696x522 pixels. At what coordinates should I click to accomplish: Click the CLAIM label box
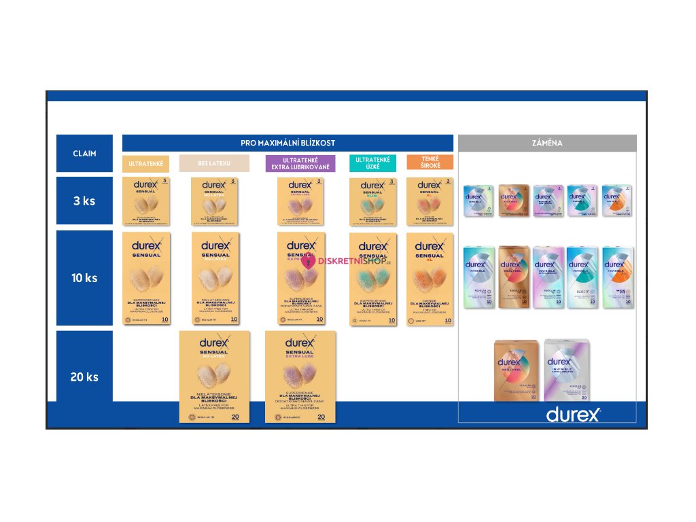pyautogui.click(x=84, y=154)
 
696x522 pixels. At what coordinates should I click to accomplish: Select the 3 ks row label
pyautogui.click(x=84, y=201)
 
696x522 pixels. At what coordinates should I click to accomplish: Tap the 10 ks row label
pyautogui.click(x=84, y=278)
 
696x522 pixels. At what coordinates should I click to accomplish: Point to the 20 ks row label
pyautogui.click(x=84, y=377)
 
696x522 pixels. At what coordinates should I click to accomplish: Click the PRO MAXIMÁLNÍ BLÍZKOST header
pyautogui.click(x=288, y=143)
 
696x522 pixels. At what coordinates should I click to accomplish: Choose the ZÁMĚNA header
pyautogui.click(x=546, y=143)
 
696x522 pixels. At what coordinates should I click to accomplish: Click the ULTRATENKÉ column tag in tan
pyautogui.click(x=145, y=164)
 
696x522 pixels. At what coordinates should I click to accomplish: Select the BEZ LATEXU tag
pyautogui.click(x=214, y=164)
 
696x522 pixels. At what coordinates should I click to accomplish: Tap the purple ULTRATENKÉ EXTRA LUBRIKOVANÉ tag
pyautogui.click(x=300, y=164)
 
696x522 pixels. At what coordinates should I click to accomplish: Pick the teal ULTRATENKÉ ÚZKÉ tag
pyautogui.click(x=372, y=163)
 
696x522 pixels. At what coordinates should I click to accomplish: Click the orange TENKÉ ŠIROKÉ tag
pyautogui.click(x=430, y=162)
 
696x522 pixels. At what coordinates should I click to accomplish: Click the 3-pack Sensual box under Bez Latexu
pyautogui.click(x=214, y=201)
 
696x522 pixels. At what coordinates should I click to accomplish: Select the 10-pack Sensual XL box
pyautogui.click(x=430, y=279)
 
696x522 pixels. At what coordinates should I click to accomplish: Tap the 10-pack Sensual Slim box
pyautogui.click(x=372, y=279)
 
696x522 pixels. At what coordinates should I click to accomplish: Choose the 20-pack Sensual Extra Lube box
pyautogui.click(x=300, y=377)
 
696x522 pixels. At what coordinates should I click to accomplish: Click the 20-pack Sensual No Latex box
pyautogui.click(x=214, y=377)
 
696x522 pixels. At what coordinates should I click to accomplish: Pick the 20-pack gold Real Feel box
pyautogui.click(x=516, y=370)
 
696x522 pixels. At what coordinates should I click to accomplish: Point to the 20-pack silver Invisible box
pyautogui.click(x=566, y=370)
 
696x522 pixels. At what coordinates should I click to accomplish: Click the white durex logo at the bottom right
pyautogui.click(x=573, y=414)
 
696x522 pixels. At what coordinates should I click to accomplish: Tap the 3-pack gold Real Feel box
pyautogui.click(x=513, y=201)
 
